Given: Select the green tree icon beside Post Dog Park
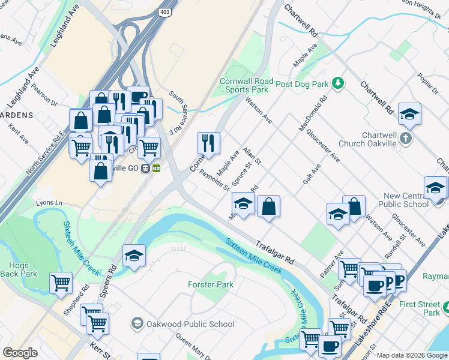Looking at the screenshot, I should (x=338, y=83).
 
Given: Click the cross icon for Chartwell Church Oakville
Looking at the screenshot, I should (x=406, y=139).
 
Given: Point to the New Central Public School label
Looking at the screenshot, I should (x=406, y=200).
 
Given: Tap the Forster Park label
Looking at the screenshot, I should (x=210, y=284).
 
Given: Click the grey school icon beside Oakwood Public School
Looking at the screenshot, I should (x=137, y=324).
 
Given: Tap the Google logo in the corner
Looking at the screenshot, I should (x=20, y=353).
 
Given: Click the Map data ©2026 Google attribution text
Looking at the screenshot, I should (x=411, y=355).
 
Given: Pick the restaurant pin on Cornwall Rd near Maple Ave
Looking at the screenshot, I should (x=208, y=143).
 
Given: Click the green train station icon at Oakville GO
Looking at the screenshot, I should (x=156, y=169).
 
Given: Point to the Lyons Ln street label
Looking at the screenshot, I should (x=49, y=203).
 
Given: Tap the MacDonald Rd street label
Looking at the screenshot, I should (x=314, y=113).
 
